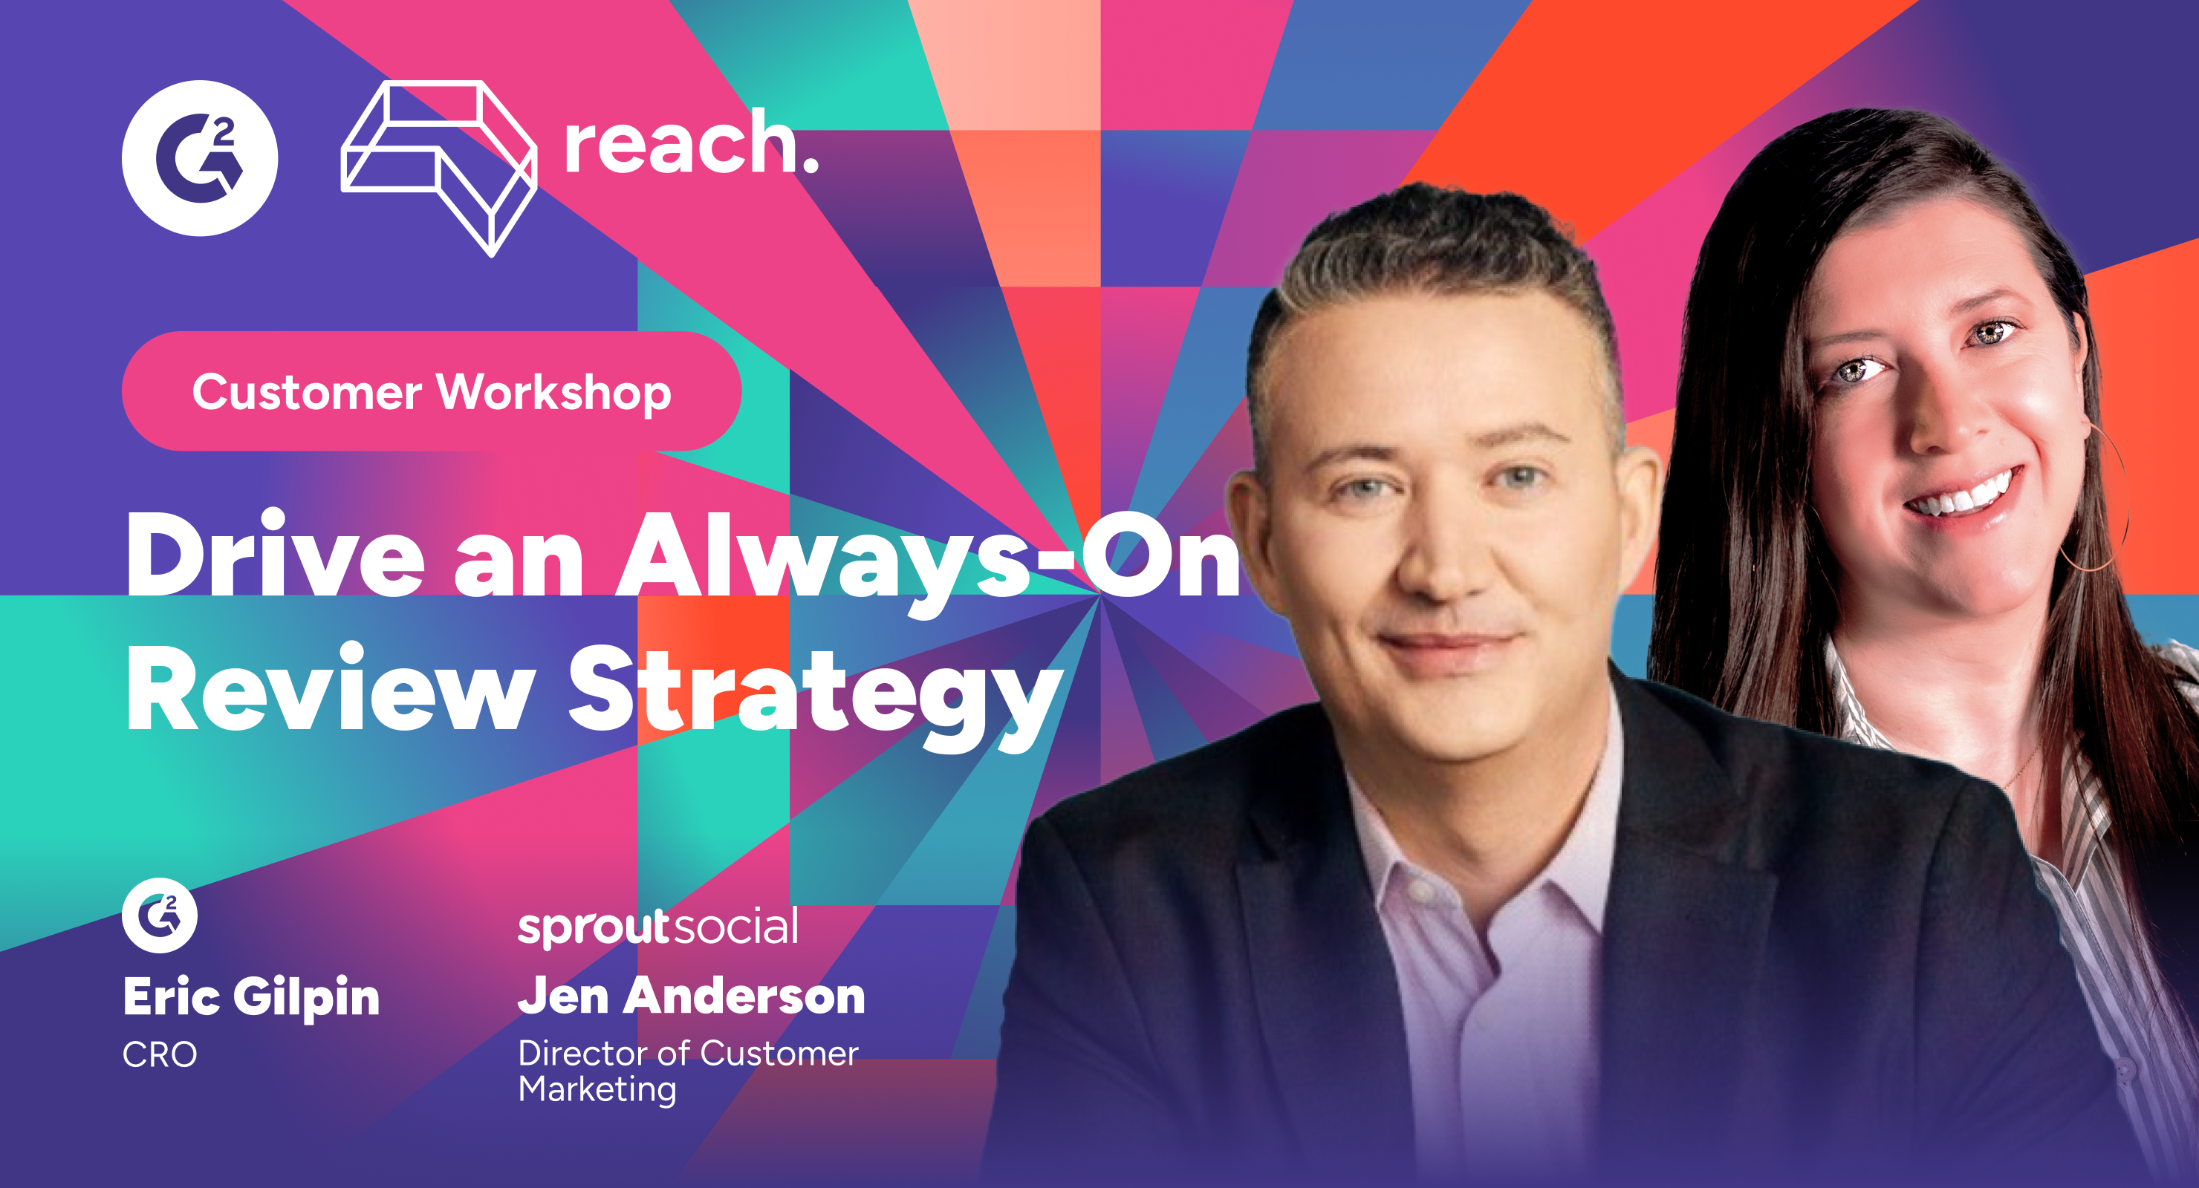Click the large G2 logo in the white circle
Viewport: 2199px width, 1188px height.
click(x=200, y=158)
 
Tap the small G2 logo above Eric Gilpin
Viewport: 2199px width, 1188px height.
click(x=160, y=915)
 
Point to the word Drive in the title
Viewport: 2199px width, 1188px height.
click(x=275, y=555)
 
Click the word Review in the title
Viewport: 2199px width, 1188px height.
click(x=331, y=687)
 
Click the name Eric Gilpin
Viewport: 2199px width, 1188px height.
click(x=251, y=997)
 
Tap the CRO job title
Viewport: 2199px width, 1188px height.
click(x=160, y=1055)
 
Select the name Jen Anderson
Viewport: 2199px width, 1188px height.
click(x=692, y=995)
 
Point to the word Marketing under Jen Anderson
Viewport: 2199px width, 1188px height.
click(x=597, y=1090)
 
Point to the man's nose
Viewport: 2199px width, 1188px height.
click(x=1443, y=555)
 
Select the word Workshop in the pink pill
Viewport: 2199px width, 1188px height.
click(x=554, y=392)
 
